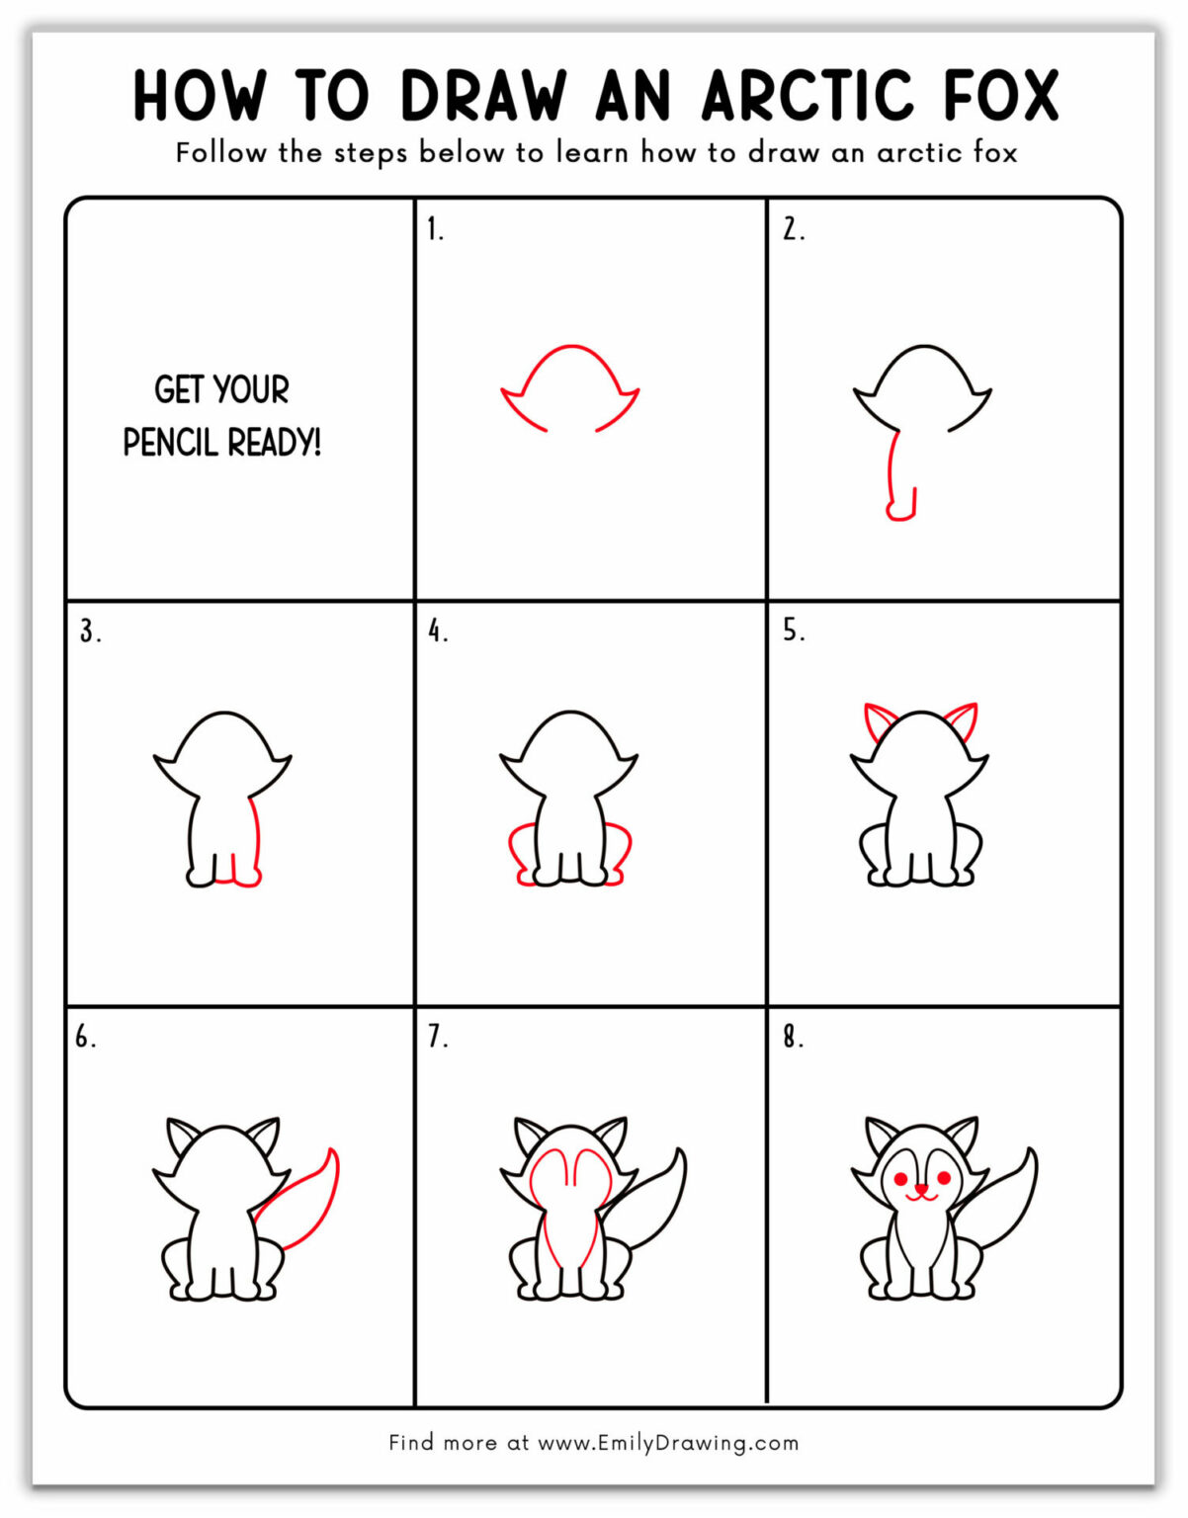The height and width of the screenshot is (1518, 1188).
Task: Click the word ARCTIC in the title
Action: pyautogui.click(x=807, y=96)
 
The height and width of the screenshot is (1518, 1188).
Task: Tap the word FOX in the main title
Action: pyautogui.click(x=1000, y=96)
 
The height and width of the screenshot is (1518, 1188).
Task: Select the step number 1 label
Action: pyautogui.click(x=435, y=229)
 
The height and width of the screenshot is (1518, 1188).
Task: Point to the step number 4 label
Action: pyautogui.click(x=437, y=631)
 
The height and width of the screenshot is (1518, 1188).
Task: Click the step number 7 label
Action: pyautogui.click(x=437, y=1037)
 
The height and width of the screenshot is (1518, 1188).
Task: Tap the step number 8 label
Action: pyautogui.click(x=793, y=1037)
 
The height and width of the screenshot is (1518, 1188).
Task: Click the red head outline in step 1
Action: pyautogui.click(x=570, y=348)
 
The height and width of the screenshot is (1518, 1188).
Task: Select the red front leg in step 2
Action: pyautogui.click(x=893, y=474)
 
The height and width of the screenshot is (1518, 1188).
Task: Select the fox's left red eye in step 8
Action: pyautogui.click(x=900, y=1179)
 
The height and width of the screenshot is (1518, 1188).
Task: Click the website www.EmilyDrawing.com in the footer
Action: pyautogui.click(x=667, y=1442)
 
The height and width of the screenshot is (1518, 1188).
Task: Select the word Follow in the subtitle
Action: pyautogui.click(x=221, y=152)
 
